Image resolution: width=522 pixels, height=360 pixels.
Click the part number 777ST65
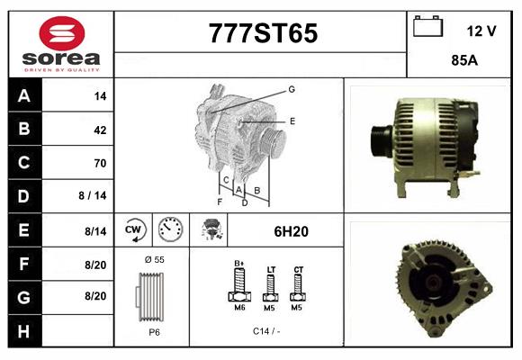click(263, 34)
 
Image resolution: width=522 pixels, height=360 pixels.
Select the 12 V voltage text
click(481, 31)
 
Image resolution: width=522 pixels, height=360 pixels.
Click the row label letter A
click(23, 96)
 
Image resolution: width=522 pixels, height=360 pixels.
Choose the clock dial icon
click(169, 230)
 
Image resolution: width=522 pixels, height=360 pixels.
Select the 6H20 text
click(291, 231)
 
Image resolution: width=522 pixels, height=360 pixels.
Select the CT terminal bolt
click(298, 289)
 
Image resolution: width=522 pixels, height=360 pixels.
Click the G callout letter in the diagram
click(292, 89)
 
